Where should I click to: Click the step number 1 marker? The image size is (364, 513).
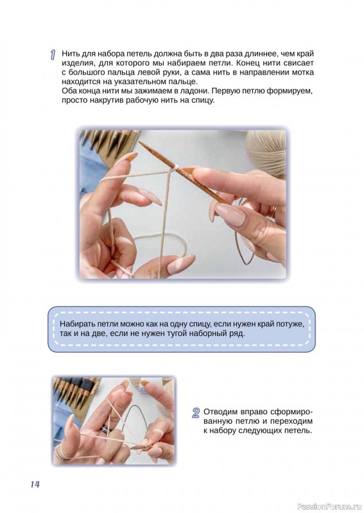pos(53,55)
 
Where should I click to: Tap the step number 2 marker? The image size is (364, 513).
pos(196,412)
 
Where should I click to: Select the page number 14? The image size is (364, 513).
pos(35,484)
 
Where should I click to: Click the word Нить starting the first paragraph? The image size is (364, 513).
pos(69,54)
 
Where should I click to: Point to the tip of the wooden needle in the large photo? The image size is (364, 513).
pos(140,142)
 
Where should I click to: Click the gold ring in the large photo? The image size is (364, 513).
pos(273,211)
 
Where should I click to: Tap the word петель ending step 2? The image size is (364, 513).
pos(299,430)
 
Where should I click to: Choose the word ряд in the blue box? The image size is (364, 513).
pos(237,333)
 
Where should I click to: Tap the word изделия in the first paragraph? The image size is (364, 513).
pos(76,63)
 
